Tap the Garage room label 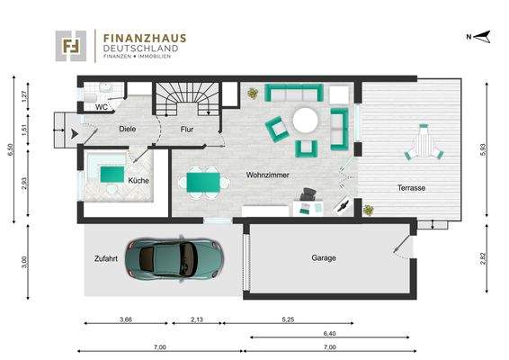(x=324, y=258)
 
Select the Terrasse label (x=412, y=188)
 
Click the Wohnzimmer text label (x=266, y=175)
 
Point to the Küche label (x=138, y=181)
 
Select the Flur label (x=188, y=129)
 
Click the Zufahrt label (x=106, y=258)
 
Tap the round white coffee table (x=305, y=119)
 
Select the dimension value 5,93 (x=485, y=151)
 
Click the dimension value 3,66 (x=125, y=319)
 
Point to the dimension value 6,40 (x=329, y=334)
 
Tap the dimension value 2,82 (x=485, y=260)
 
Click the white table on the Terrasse (x=424, y=142)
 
